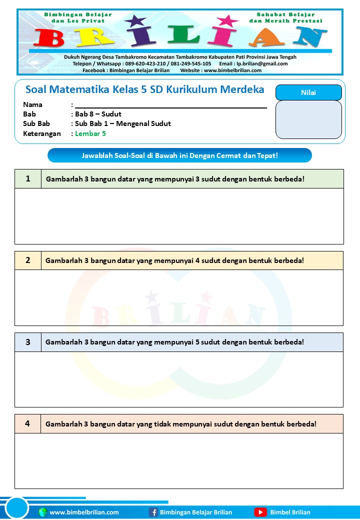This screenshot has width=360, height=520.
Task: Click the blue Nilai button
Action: point(308,92)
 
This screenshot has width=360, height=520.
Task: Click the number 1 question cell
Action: point(28,178)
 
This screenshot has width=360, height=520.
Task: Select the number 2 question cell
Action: point(28,260)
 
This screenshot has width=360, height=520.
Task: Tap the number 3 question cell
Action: point(28,342)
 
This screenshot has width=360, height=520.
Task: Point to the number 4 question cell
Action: point(28,423)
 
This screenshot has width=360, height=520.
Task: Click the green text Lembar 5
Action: point(90,133)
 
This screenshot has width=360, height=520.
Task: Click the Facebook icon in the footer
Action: point(153,512)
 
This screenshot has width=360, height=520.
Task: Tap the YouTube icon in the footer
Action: point(260,512)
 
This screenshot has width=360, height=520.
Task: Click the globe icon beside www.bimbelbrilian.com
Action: point(42,512)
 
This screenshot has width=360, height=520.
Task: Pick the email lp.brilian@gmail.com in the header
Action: point(262,63)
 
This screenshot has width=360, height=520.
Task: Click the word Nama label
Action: point(33,104)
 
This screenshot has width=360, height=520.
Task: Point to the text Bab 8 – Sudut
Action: point(98,114)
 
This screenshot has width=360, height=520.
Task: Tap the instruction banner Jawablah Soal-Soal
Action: point(179,155)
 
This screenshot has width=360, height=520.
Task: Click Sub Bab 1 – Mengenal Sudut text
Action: point(123,123)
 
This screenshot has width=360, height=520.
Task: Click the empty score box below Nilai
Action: point(308,119)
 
